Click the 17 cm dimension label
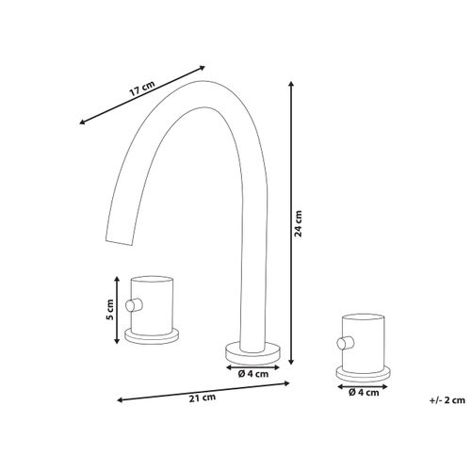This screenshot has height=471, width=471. (141, 89)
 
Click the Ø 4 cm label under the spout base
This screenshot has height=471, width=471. (252, 374)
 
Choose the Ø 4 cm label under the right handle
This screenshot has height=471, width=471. (362, 391)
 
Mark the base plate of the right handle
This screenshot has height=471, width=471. (362, 368)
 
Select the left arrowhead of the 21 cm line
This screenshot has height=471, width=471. (119, 400)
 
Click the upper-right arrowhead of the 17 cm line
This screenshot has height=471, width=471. (204, 67)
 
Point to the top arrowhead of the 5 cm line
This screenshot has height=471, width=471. (117, 278)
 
